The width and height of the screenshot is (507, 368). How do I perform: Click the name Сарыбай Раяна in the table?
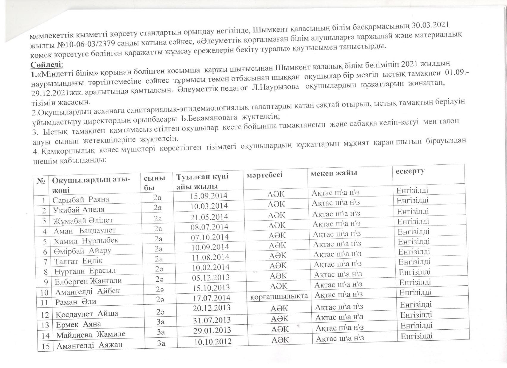[x=81, y=199]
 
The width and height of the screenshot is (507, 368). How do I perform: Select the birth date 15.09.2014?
[x=209, y=196]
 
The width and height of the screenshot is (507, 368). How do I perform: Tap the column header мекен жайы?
[x=334, y=173]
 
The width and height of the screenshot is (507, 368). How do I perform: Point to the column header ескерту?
[x=410, y=171]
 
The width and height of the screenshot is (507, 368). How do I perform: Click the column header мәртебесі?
[x=264, y=175]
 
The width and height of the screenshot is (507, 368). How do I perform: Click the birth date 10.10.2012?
[x=213, y=341]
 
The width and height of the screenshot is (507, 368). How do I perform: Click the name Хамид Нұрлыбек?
[x=86, y=240]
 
